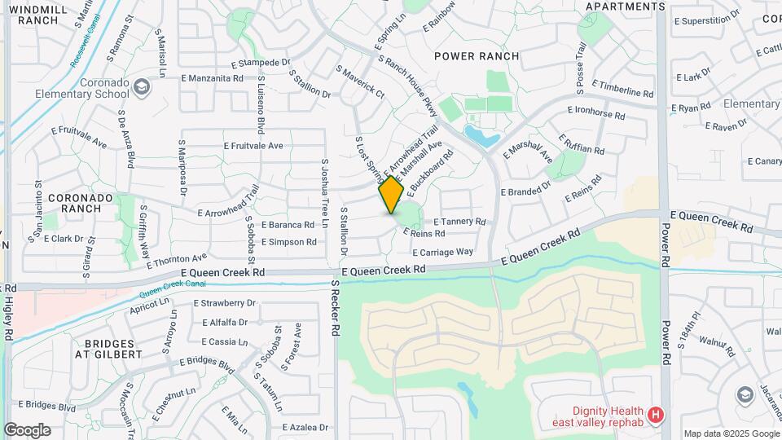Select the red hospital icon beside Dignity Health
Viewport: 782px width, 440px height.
click(x=657, y=416)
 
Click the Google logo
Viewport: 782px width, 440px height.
click(x=27, y=430)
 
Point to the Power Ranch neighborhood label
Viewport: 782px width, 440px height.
click(x=477, y=56)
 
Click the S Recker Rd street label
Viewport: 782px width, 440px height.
click(x=335, y=308)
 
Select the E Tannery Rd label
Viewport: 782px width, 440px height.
click(x=459, y=222)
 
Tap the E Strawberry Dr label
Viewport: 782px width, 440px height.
click(x=225, y=303)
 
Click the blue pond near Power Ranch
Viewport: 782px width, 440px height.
click(x=481, y=135)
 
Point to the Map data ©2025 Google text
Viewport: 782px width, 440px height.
click(x=731, y=433)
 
